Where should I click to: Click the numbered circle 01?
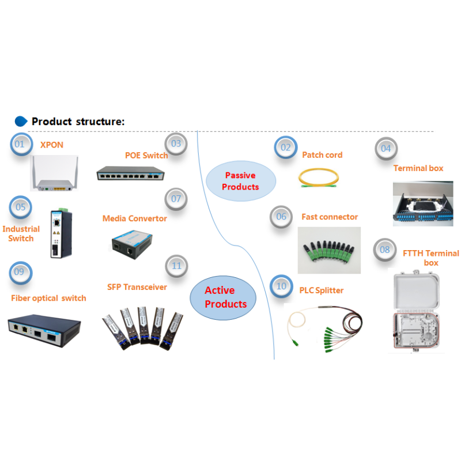pyautogui.click(x=21, y=144)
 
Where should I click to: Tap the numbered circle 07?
pyautogui.click(x=176, y=199)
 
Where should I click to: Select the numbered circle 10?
pyautogui.click(x=281, y=286)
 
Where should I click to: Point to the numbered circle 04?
pyautogui.click(x=386, y=149)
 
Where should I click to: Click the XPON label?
pyautogui.click(x=52, y=145)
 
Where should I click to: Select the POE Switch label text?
pyautogui.click(x=146, y=155)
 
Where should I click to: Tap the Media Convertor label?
pyautogui.click(x=135, y=218)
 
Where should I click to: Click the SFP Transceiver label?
pyautogui.click(x=137, y=287)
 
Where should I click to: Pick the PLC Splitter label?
pyautogui.click(x=322, y=290)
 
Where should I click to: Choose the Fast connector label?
pyautogui.click(x=330, y=217)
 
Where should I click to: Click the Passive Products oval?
pyautogui.click(x=241, y=181)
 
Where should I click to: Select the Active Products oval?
pyautogui.click(x=223, y=297)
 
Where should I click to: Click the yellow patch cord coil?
pyautogui.click(x=319, y=177)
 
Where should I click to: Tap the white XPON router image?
pyautogui.click(x=54, y=173)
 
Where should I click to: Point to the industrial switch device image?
pyautogui.click(x=61, y=233)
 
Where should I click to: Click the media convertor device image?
pyautogui.click(x=132, y=244)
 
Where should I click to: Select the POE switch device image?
pyautogui.click(x=131, y=173)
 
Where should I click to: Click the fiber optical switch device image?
pyautogui.click(x=44, y=330)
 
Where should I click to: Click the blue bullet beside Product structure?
pyautogui.click(x=21, y=122)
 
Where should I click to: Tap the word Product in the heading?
pyautogui.click(x=52, y=122)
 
